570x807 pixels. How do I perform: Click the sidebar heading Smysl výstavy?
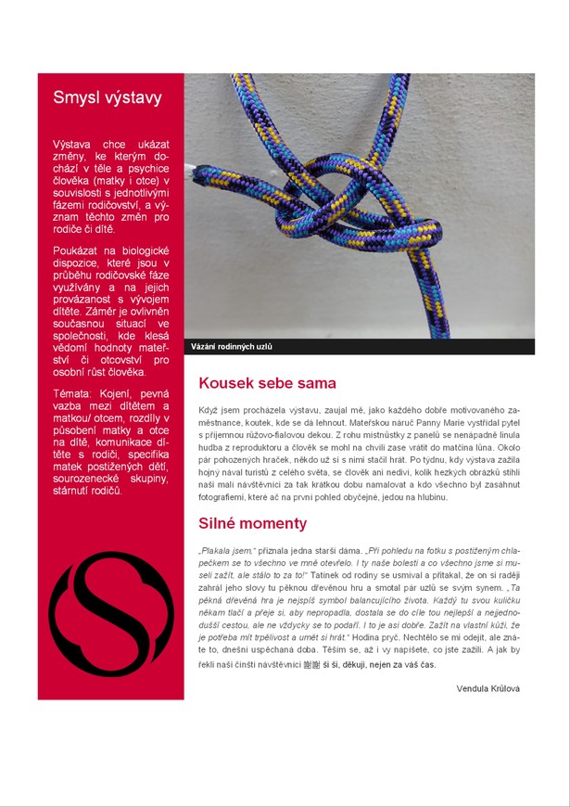[108, 97]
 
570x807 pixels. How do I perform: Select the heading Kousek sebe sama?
[267, 383]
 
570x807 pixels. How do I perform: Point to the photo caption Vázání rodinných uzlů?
[232, 347]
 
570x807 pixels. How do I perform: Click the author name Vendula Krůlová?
[488, 687]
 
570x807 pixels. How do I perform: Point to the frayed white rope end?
[193, 172]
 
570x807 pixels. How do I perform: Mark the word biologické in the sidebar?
[139, 251]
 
